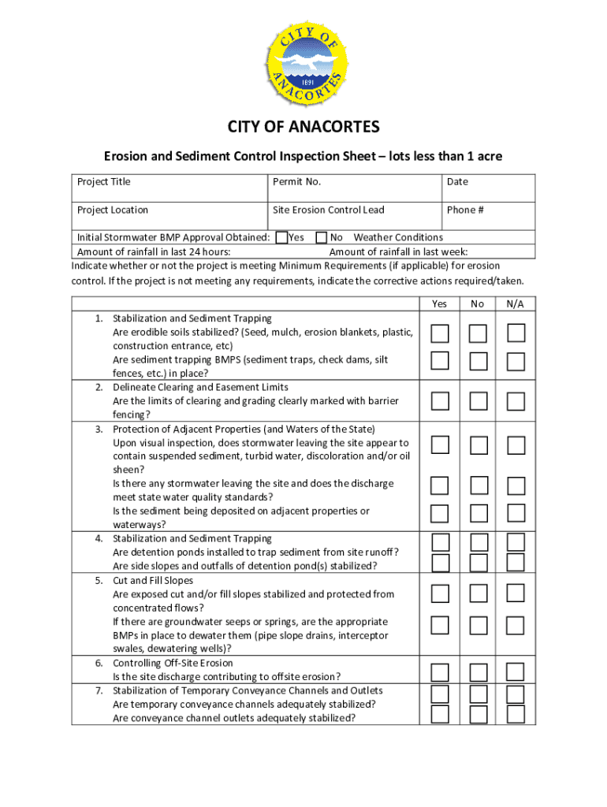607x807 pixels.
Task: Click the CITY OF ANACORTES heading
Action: point(303,128)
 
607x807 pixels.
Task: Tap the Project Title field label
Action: point(104,182)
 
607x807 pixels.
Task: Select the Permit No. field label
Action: point(296,182)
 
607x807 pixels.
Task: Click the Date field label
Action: point(457,182)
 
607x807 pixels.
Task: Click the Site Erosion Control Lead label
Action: point(329,210)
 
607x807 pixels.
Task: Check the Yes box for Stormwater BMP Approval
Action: point(281,237)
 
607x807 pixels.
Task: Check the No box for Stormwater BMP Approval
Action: point(322,237)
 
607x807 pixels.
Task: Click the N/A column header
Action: point(516,303)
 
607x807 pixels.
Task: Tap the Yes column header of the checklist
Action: point(439,303)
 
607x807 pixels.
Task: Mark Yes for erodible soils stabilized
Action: point(440,333)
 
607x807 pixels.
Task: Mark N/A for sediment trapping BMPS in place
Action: point(516,361)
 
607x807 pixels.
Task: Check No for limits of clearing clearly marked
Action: point(478,402)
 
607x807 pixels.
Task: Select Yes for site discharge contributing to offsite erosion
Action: point(440,671)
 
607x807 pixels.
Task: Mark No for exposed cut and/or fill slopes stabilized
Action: point(478,593)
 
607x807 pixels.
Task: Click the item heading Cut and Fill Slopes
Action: point(153,580)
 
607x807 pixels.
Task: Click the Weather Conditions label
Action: point(398,237)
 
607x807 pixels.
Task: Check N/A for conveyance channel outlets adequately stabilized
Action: point(516,713)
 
